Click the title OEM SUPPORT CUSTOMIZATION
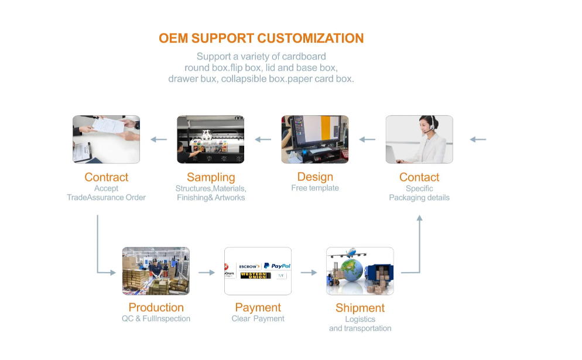(261, 39)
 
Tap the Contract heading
(106, 177)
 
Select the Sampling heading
(211, 177)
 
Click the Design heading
(315, 177)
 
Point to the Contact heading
(419, 177)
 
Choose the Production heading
(156, 307)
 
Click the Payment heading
(258, 307)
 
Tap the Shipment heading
(360, 308)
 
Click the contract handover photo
(106, 139)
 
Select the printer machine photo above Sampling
(211, 139)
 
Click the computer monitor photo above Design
(315, 139)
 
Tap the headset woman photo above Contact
(419, 139)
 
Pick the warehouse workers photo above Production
(156, 270)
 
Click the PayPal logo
(277, 266)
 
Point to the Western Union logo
(256, 275)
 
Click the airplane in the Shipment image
(351, 253)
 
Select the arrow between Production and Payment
(207, 272)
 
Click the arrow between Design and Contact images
(367, 139)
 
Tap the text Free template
(315, 188)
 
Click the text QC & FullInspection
(156, 318)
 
